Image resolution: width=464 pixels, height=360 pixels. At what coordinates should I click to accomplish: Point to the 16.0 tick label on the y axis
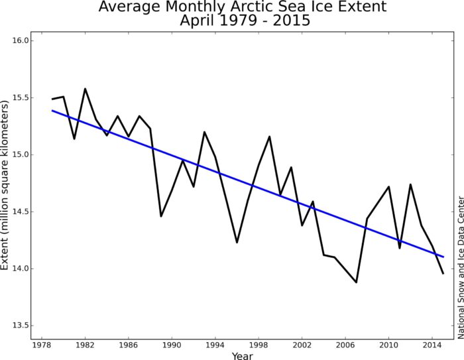21,40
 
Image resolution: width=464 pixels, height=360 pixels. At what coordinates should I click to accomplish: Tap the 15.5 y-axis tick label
21,97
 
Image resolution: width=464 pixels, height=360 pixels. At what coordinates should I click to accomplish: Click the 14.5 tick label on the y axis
21,211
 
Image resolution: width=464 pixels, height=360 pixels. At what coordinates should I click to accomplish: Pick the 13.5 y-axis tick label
21,326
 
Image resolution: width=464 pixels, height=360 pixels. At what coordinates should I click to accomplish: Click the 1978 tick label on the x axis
41,344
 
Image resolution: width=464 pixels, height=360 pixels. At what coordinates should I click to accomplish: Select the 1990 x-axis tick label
172,344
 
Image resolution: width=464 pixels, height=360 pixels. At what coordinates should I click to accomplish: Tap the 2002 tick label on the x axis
302,344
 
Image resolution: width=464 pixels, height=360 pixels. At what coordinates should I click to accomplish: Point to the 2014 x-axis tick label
432,344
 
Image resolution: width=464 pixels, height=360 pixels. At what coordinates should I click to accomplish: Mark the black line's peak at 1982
85,89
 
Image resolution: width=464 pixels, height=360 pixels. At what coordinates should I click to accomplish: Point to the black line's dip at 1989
161,216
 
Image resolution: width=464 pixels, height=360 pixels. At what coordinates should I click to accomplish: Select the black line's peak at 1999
269,137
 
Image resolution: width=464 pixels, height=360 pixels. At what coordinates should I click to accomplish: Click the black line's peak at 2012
410,184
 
